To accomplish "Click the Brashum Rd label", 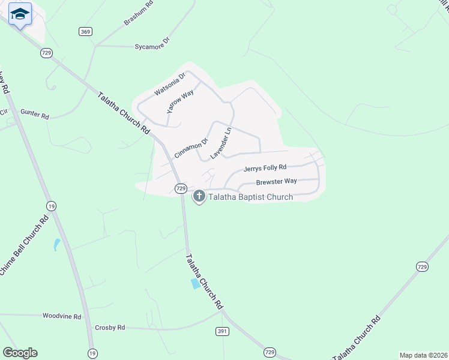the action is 139,13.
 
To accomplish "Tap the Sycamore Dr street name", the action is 152,43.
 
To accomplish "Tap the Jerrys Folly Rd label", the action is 265,169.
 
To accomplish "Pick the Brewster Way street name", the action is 276,181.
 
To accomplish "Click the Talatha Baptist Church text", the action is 250,197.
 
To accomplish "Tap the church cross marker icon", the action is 199,196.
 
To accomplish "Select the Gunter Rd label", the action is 34,113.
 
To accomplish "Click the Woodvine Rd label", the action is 61,316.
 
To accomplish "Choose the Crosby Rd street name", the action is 110,328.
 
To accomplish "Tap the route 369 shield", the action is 85,31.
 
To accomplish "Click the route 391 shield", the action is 221,331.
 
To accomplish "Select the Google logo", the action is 20,353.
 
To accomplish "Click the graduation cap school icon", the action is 20,14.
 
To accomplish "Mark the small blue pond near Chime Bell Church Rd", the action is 56,244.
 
